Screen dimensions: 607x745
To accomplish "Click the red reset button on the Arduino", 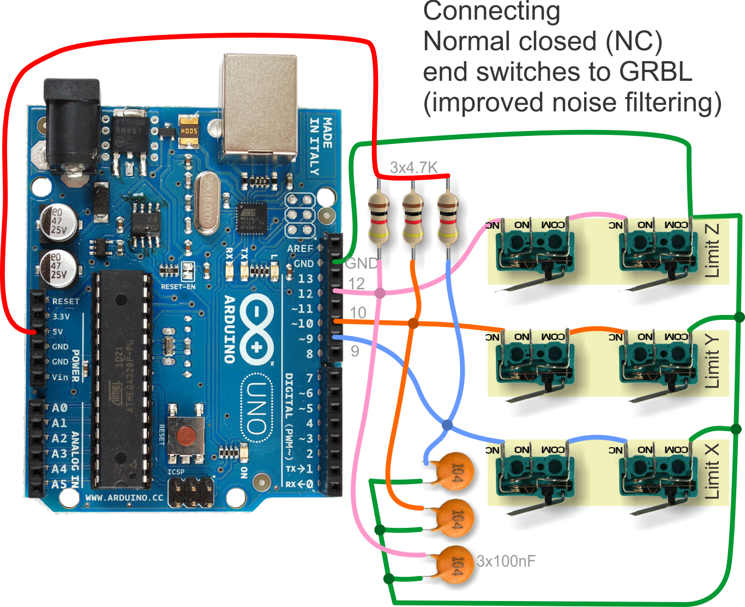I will (x=187, y=435).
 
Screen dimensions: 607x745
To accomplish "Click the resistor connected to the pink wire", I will (x=378, y=218).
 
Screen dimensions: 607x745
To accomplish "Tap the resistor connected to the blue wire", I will (x=448, y=218).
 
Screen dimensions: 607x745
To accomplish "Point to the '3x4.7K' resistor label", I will (x=413, y=168).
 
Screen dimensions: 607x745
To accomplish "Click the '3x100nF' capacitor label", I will (x=506, y=561).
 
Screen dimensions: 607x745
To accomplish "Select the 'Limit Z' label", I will (x=712, y=251).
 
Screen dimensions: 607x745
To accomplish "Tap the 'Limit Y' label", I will (x=712, y=361).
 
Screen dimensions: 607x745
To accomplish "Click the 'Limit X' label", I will (x=712, y=471).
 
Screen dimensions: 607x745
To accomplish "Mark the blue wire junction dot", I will (x=447, y=425).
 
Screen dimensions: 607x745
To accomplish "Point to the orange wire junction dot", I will (x=413, y=323).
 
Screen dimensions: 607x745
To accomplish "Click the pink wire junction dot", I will (x=380, y=293).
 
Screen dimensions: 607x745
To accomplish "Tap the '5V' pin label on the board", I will (x=57, y=331).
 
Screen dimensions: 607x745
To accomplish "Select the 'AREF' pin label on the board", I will (x=300, y=248).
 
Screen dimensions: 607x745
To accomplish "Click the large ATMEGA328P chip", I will (x=123, y=379).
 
